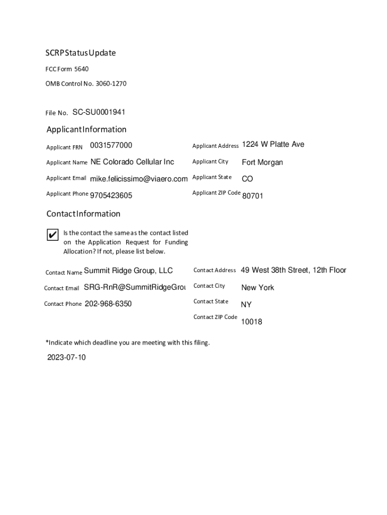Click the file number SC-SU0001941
(99, 112)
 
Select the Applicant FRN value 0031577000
(111, 145)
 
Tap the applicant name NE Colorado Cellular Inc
(132, 162)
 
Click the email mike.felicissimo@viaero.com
(139, 179)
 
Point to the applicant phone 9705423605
(111, 195)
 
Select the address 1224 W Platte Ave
(273, 144)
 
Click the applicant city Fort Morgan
(262, 162)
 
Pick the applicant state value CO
(247, 179)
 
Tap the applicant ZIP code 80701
(253, 196)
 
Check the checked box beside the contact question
(52, 235)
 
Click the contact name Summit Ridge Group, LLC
(128, 271)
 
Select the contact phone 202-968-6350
(108, 304)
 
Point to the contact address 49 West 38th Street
(294, 270)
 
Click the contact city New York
(258, 288)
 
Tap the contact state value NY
(246, 305)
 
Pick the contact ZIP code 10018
(251, 322)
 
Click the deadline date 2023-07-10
(66, 358)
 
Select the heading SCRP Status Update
(81, 53)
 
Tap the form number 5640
(81, 69)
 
